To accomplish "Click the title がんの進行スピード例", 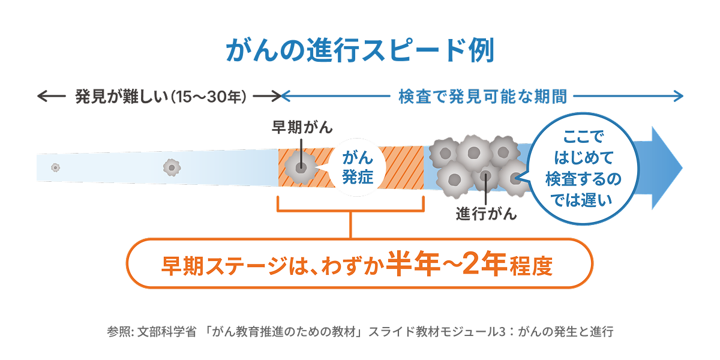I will coord(359,52).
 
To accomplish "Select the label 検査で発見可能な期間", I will coord(483,97).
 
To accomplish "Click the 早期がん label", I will coord(302,128).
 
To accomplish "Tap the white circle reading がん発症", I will coord(358,167).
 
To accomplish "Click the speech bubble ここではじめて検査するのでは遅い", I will coord(581,169).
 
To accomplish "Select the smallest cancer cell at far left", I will coord(55,167).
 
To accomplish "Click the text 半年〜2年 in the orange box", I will coord(445,265).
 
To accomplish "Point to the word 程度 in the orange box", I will coord(533,266).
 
